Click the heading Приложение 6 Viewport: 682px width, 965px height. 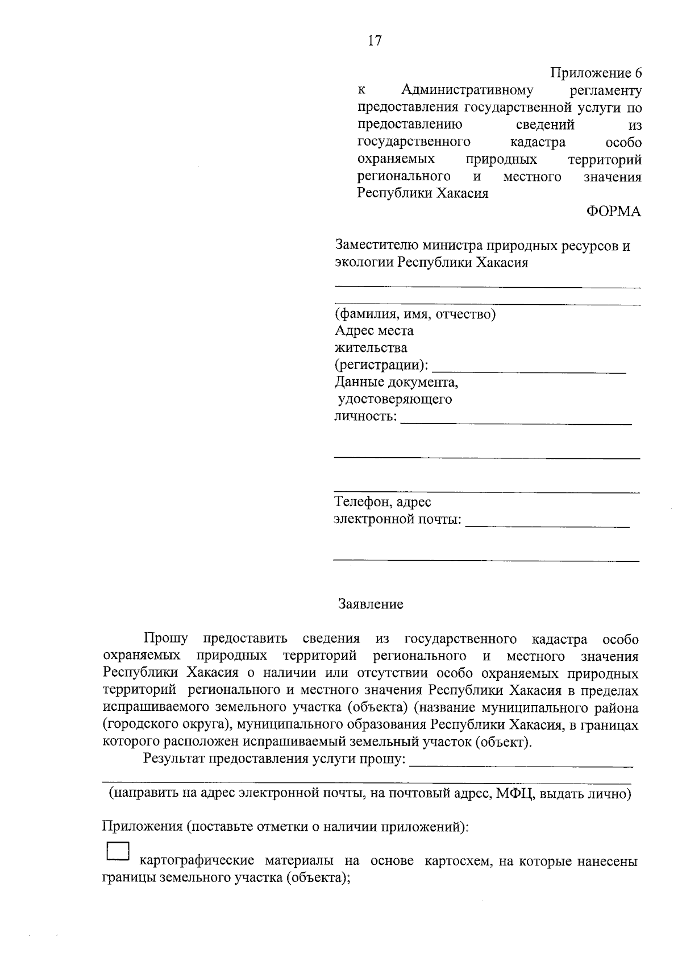point(596,73)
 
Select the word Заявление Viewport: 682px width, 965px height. point(371,604)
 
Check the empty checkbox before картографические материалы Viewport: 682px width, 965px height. point(118,851)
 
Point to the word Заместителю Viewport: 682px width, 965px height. point(376,246)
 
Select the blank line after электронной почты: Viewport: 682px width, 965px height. point(547,526)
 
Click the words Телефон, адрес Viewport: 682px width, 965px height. point(382,502)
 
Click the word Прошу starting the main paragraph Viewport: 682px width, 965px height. point(165,639)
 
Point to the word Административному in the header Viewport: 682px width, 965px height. point(467,90)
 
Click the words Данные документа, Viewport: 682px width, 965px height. point(396,382)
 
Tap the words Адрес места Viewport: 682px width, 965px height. point(374,330)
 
